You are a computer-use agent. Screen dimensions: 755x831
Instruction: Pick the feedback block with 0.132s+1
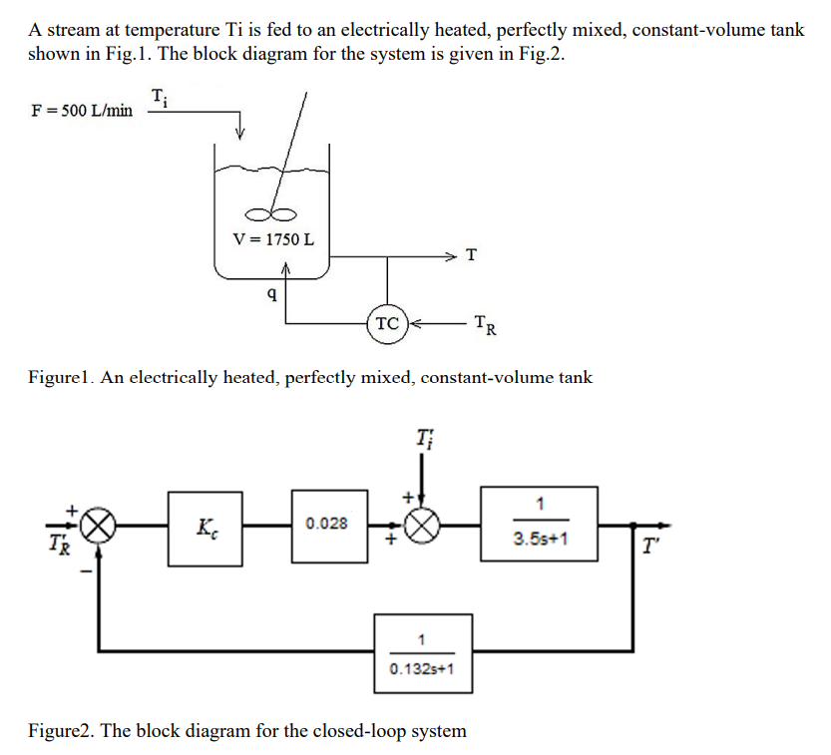[x=422, y=652]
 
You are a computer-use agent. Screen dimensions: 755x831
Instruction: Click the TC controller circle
[x=388, y=323]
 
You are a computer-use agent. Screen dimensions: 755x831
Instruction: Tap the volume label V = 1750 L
[x=272, y=239]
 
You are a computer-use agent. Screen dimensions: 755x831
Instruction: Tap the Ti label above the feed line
[x=160, y=97]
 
